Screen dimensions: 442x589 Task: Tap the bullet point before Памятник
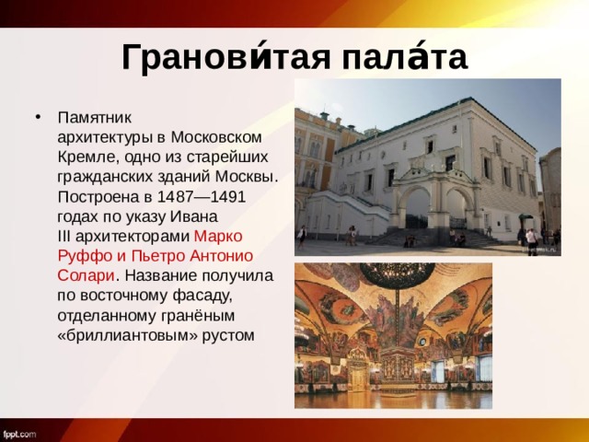36,118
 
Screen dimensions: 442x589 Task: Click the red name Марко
218,237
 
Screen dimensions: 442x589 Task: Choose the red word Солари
85,275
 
